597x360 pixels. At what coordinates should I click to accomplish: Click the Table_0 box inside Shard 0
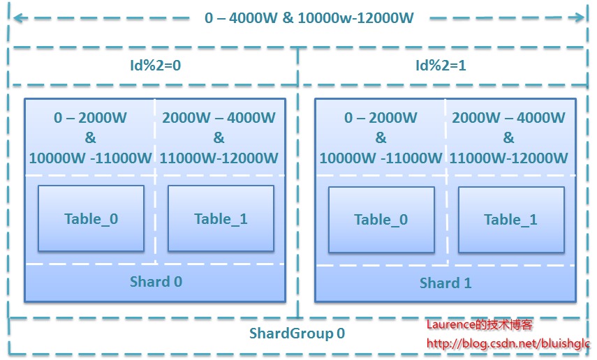(91, 218)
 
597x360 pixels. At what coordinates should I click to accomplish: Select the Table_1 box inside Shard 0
(221, 218)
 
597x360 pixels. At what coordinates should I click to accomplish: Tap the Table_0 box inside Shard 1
(381, 220)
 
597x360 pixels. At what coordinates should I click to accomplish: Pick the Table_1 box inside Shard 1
(510, 220)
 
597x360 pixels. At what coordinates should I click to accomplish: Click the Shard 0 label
(156, 282)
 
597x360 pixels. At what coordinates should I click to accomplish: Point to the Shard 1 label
(445, 283)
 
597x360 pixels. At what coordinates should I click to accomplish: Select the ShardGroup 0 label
(297, 333)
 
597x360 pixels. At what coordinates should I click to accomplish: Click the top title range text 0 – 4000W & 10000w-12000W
(309, 18)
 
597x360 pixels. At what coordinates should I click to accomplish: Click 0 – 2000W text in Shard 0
(91, 118)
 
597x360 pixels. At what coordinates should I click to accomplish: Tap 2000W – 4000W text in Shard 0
(219, 118)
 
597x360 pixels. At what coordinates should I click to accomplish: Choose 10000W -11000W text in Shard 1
(381, 158)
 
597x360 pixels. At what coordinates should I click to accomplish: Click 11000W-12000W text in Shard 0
(219, 158)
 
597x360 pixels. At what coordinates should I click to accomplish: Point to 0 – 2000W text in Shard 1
(381, 118)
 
